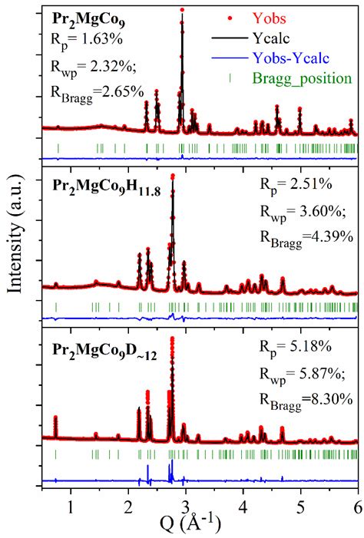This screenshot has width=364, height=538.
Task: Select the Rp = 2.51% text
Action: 295,184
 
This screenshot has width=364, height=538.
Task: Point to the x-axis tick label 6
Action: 357,506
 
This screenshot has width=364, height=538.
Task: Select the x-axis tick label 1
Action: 71,506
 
